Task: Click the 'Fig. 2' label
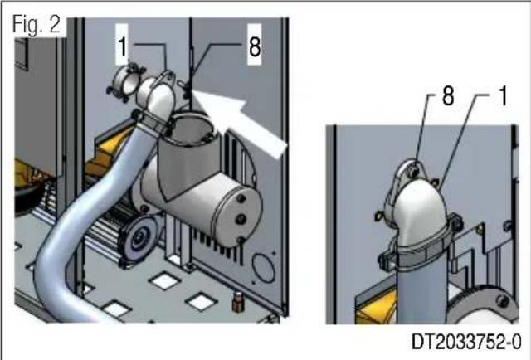(x=37, y=25)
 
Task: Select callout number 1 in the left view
(x=122, y=47)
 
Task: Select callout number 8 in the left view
(x=254, y=47)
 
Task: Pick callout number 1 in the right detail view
(x=501, y=97)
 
